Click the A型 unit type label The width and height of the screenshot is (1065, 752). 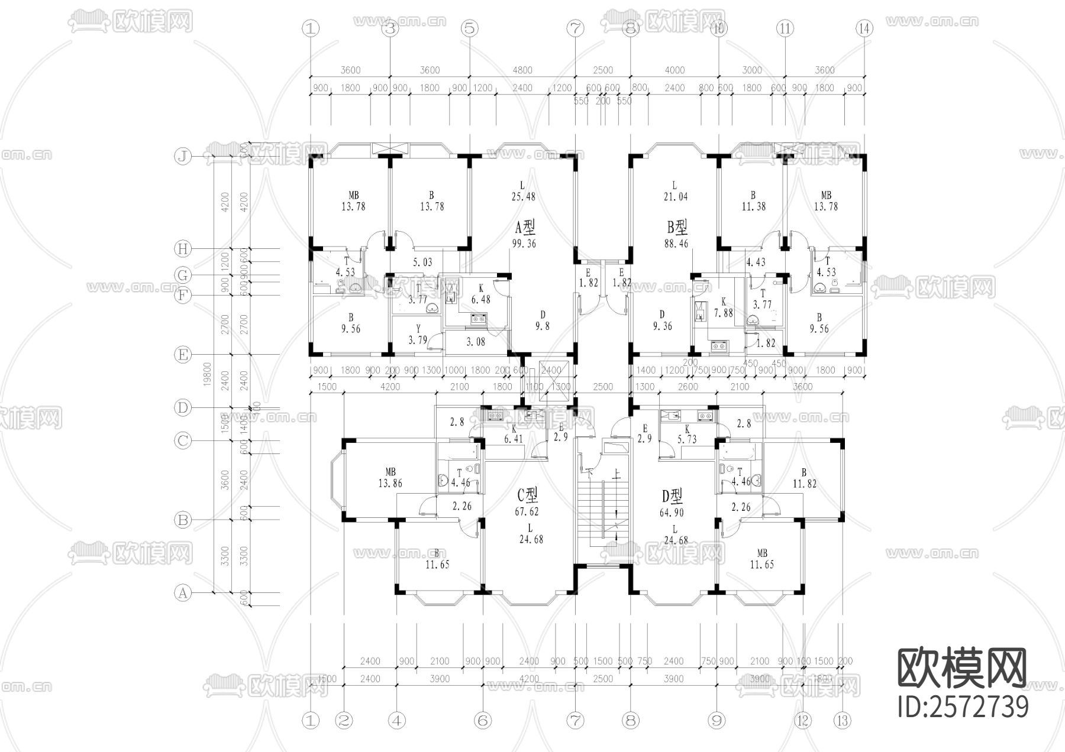(525, 227)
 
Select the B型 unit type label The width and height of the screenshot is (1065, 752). (677, 227)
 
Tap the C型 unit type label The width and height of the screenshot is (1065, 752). (527, 494)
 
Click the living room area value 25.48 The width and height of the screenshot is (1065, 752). (523, 196)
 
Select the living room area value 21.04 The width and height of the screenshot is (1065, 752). (675, 196)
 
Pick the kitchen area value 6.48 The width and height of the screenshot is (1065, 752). (480, 300)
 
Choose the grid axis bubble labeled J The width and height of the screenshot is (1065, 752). (183, 157)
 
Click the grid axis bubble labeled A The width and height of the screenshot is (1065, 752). (183, 592)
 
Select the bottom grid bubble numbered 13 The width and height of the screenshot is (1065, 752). (843, 721)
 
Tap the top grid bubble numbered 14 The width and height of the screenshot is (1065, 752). (864, 28)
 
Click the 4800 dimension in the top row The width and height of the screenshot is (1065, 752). (522, 70)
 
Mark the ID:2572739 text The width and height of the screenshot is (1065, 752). (963, 707)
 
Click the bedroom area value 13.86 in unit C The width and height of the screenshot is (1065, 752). (390, 483)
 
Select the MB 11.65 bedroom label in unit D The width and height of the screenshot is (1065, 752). (761, 559)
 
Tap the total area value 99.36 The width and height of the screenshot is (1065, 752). (524, 243)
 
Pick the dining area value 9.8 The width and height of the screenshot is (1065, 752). (542, 325)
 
